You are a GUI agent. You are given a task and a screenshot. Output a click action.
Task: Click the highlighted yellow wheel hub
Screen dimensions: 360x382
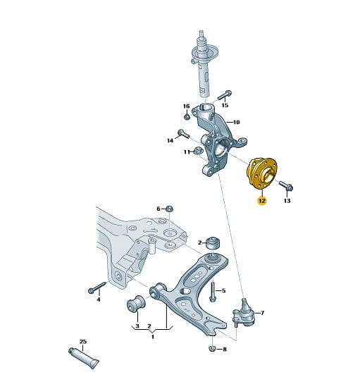261,173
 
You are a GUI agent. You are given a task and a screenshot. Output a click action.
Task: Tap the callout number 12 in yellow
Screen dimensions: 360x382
262,201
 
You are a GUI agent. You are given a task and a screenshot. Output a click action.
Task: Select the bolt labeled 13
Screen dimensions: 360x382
286,186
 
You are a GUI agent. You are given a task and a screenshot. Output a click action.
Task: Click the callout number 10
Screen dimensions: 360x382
236,122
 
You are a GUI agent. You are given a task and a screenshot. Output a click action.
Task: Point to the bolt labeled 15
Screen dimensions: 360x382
224,95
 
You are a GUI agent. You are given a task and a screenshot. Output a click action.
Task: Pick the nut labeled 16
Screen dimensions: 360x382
187,116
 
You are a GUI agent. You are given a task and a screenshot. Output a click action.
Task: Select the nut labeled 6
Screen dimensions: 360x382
170,209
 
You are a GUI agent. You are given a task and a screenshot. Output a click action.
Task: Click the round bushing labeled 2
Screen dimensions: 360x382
213,242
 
